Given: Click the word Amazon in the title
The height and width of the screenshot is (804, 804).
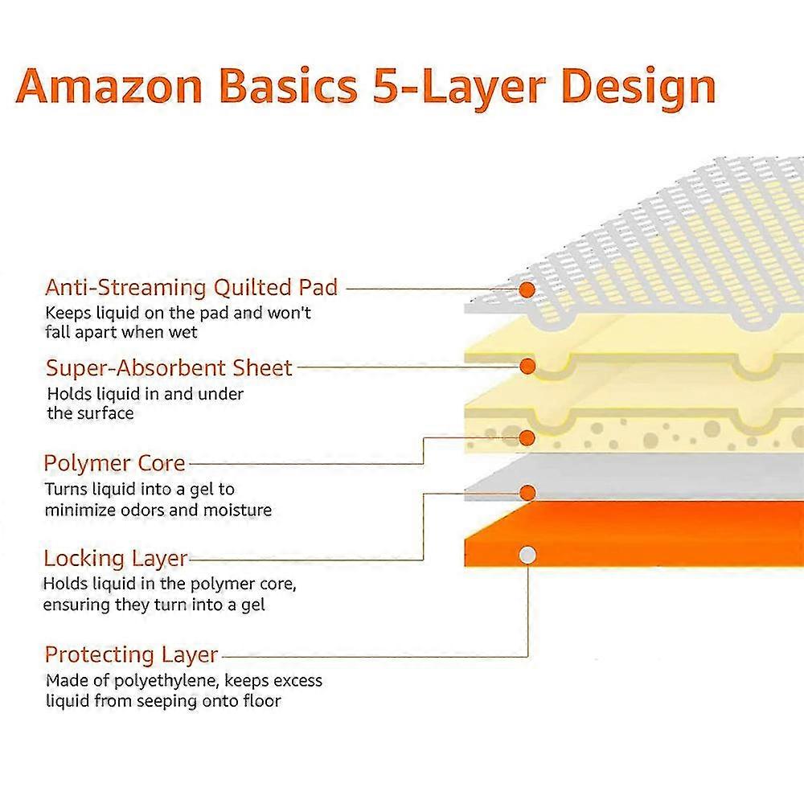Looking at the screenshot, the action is pos(109,86).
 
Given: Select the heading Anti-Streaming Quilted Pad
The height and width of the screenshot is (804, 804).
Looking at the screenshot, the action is pos(191,288).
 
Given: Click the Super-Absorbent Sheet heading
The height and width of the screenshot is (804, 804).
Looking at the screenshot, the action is pos(169,368).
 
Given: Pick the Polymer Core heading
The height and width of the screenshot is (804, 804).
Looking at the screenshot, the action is pos(114,464).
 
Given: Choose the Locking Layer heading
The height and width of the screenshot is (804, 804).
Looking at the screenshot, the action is pos(115,559).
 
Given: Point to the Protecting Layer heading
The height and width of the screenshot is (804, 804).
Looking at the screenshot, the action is pos(131,655).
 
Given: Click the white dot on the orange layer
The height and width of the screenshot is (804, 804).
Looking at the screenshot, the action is pos(527,555).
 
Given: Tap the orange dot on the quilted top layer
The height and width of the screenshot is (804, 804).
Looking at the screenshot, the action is pos(527,289).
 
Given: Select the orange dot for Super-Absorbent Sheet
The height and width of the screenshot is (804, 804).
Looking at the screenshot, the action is pos(527,366).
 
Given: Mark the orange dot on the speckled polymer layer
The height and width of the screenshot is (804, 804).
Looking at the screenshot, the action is pos(527,438).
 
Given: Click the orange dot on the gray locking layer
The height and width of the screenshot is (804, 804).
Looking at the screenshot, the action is pos(527,493).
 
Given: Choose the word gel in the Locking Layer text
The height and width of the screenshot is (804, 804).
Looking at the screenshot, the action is pos(253,606).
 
